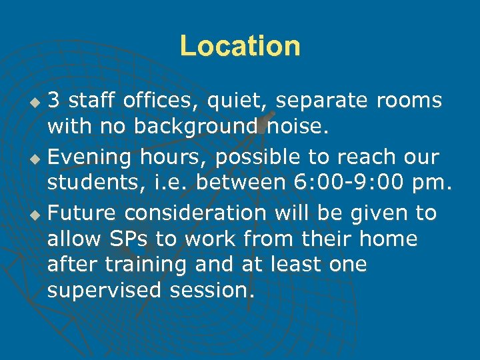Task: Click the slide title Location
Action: [240, 46]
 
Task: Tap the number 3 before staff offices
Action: [55, 101]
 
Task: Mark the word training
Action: [141, 265]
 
